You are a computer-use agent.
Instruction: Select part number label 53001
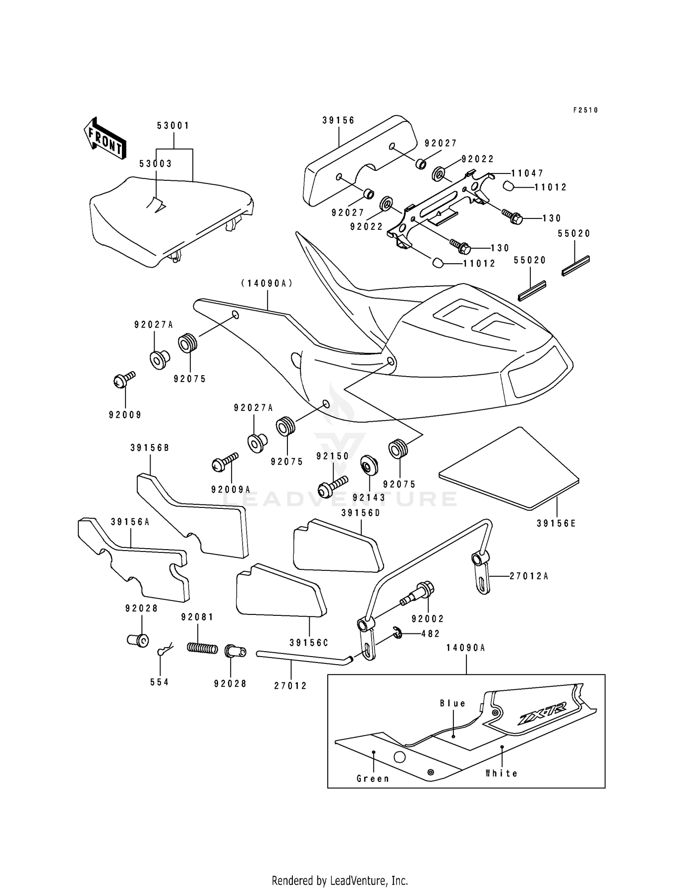(x=173, y=126)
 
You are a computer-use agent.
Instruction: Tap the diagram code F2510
(x=585, y=110)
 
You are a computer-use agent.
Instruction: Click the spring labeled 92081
(x=202, y=648)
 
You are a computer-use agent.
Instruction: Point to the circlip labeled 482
(x=398, y=633)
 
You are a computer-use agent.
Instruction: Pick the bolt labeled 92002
(x=418, y=594)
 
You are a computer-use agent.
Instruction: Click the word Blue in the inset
(x=452, y=703)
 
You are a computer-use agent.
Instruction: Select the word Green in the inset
(x=373, y=778)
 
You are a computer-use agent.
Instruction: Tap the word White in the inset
(x=501, y=773)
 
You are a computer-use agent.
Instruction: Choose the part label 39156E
(x=556, y=523)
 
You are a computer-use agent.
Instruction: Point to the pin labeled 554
(x=165, y=649)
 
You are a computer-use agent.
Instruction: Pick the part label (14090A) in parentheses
(x=267, y=283)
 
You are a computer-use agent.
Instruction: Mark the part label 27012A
(x=529, y=576)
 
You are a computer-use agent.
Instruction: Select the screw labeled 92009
(x=123, y=379)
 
